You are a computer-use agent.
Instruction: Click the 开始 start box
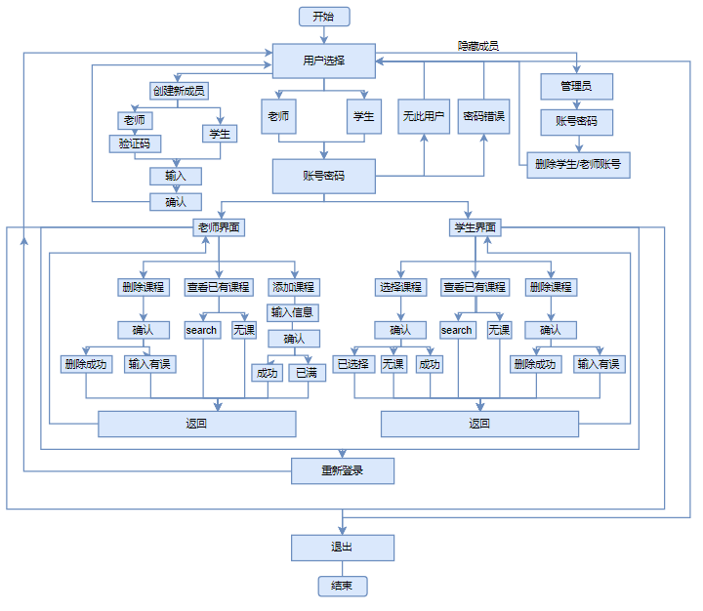[x=323, y=17]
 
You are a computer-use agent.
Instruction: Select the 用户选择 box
[x=322, y=61]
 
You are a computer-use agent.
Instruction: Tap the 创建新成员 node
[x=178, y=91]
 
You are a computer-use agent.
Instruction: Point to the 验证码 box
[x=133, y=143]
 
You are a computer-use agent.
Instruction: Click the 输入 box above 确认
[x=176, y=177]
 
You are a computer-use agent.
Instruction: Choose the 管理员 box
[x=577, y=87]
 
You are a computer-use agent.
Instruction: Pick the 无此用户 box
[x=424, y=116]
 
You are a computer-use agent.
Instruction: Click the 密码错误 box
[x=484, y=116]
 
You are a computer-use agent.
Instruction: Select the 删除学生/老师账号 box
[x=577, y=164]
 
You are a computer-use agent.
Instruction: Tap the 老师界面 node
[x=219, y=227]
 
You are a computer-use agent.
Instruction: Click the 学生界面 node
[x=475, y=227]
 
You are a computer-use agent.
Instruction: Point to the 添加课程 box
[x=294, y=288]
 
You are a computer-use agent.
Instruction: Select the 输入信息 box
[x=294, y=313]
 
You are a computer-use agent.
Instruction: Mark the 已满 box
[x=307, y=373]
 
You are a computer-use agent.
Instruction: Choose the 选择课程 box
[x=400, y=288]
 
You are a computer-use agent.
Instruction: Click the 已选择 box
[x=353, y=364]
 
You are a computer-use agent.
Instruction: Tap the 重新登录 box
[x=343, y=471]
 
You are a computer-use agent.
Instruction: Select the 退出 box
[x=343, y=547]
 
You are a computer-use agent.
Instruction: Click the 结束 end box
[x=343, y=587]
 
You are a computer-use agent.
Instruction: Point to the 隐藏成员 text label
[x=478, y=46]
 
